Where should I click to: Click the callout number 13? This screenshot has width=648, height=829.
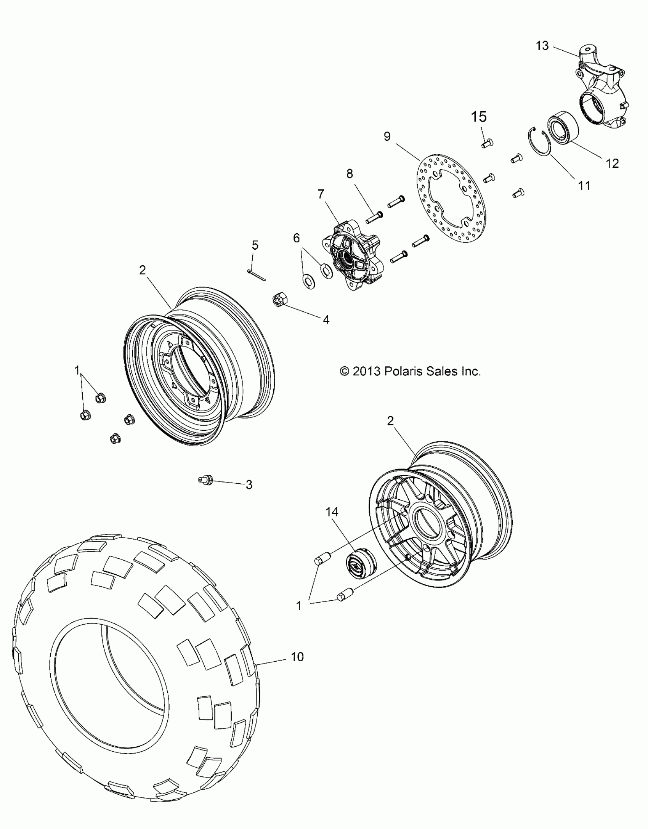point(542,46)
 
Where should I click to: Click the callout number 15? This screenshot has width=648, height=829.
point(479,117)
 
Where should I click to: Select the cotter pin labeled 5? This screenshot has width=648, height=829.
point(257,275)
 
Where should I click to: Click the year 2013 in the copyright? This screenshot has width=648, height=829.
point(367,371)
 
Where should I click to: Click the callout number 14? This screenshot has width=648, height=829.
point(332,512)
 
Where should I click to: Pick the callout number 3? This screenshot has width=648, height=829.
point(249,485)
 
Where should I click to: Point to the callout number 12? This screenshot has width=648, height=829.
point(613,163)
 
